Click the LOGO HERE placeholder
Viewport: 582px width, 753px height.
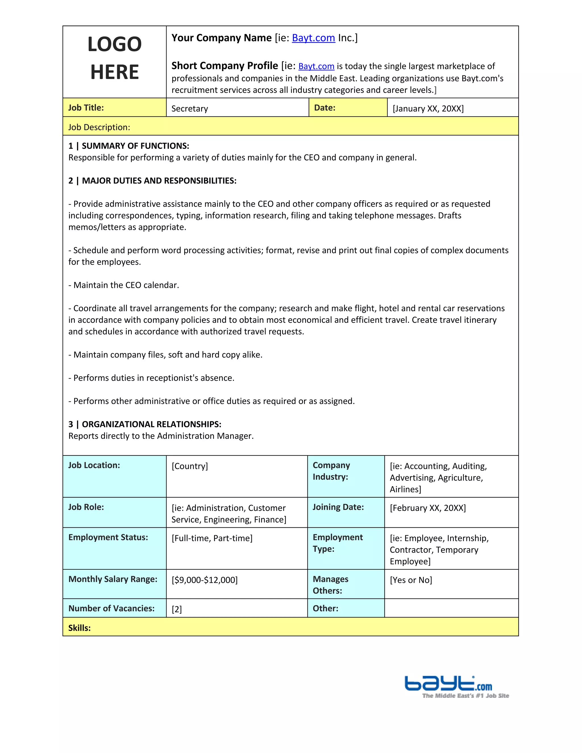[x=115, y=58]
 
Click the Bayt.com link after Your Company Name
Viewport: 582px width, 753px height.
[x=313, y=38]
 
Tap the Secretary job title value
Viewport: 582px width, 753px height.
[x=190, y=109]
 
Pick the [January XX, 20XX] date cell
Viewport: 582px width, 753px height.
[x=428, y=109]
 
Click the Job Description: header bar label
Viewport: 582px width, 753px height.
[x=99, y=127]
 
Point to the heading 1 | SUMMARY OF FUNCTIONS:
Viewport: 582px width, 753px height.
[x=129, y=146]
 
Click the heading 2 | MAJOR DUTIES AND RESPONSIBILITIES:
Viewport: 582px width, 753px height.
[x=152, y=181]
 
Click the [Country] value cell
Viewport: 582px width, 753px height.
[x=190, y=466]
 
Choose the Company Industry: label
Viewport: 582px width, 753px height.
[x=331, y=471]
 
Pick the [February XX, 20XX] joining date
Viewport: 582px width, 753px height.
[x=427, y=508]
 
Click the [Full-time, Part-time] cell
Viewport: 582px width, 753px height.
[x=212, y=538]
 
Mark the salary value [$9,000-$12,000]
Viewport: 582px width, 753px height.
[x=204, y=580]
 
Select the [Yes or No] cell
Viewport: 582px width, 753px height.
[x=411, y=580]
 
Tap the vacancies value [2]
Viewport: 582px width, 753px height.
[x=176, y=609]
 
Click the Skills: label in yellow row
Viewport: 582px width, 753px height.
[x=79, y=628]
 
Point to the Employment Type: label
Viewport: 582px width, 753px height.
[x=337, y=543]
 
